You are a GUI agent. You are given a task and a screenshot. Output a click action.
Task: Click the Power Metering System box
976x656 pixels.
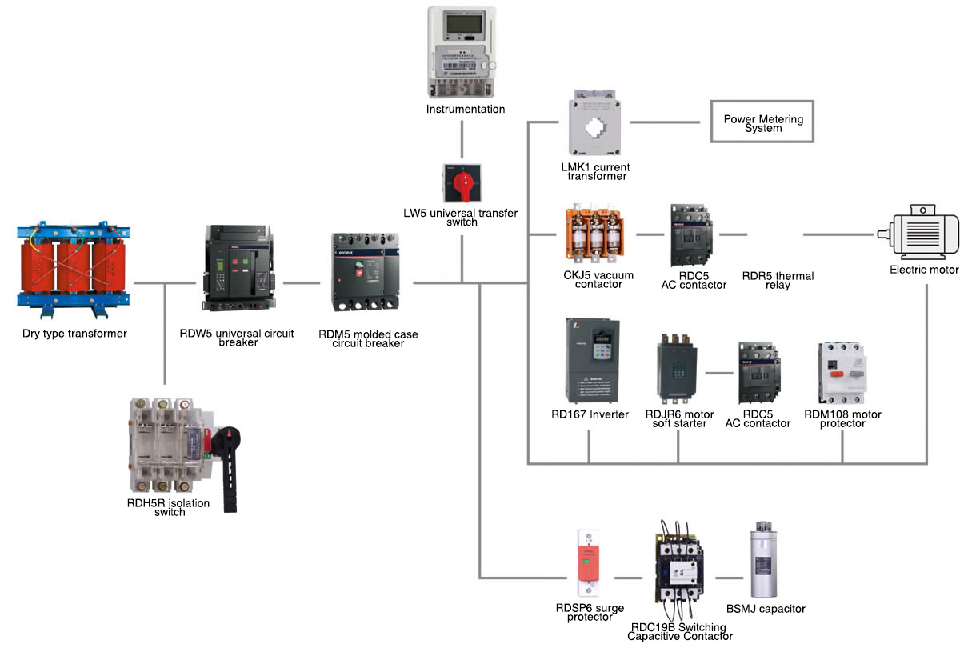pyautogui.click(x=762, y=122)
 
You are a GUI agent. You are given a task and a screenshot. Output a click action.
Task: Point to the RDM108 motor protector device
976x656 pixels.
pyautogui.click(x=842, y=373)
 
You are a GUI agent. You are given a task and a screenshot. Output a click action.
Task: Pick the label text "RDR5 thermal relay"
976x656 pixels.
pyautogui.click(x=778, y=280)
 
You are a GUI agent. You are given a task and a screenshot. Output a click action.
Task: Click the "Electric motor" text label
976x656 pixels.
pyautogui.click(x=924, y=270)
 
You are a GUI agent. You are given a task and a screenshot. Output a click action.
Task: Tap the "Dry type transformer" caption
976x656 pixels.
pyautogui.click(x=74, y=334)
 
